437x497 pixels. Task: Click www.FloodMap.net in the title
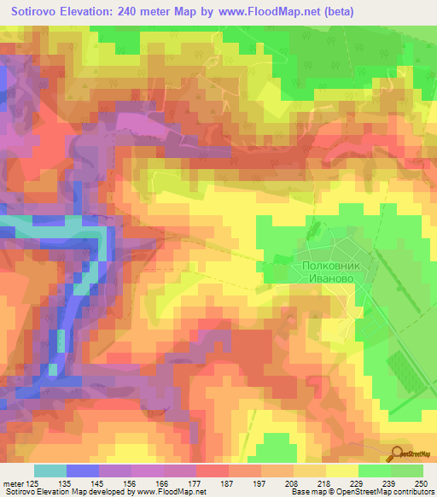click(x=267, y=12)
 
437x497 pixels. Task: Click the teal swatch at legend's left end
click(x=50, y=471)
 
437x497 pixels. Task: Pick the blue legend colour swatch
click(x=83, y=471)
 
